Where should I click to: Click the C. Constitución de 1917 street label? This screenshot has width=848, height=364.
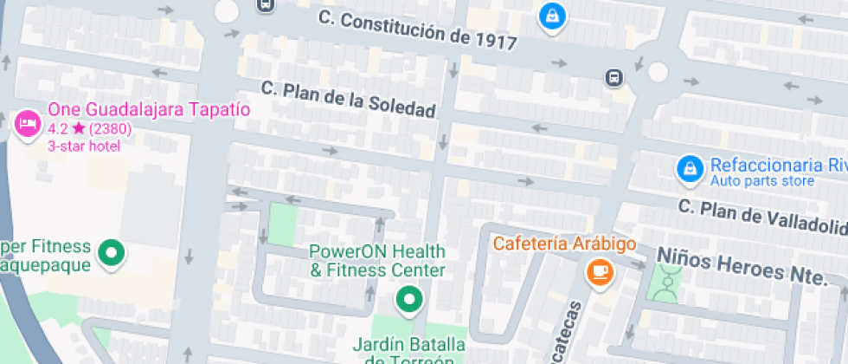[417, 29]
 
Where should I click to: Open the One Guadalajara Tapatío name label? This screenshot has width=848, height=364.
[149, 110]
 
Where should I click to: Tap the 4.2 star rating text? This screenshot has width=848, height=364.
[88, 128]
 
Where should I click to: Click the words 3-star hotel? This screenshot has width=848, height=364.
[84, 146]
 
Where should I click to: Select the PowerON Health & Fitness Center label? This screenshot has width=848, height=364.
[377, 261]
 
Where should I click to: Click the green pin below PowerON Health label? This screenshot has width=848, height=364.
[408, 300]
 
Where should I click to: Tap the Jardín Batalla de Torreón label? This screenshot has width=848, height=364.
[408, 352]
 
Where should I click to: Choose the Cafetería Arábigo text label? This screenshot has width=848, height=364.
[565, 244]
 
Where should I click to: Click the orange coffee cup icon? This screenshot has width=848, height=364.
[599, 272]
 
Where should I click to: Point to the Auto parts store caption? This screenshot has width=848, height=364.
[761, 181]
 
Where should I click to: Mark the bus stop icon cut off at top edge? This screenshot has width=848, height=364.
[266, 4]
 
